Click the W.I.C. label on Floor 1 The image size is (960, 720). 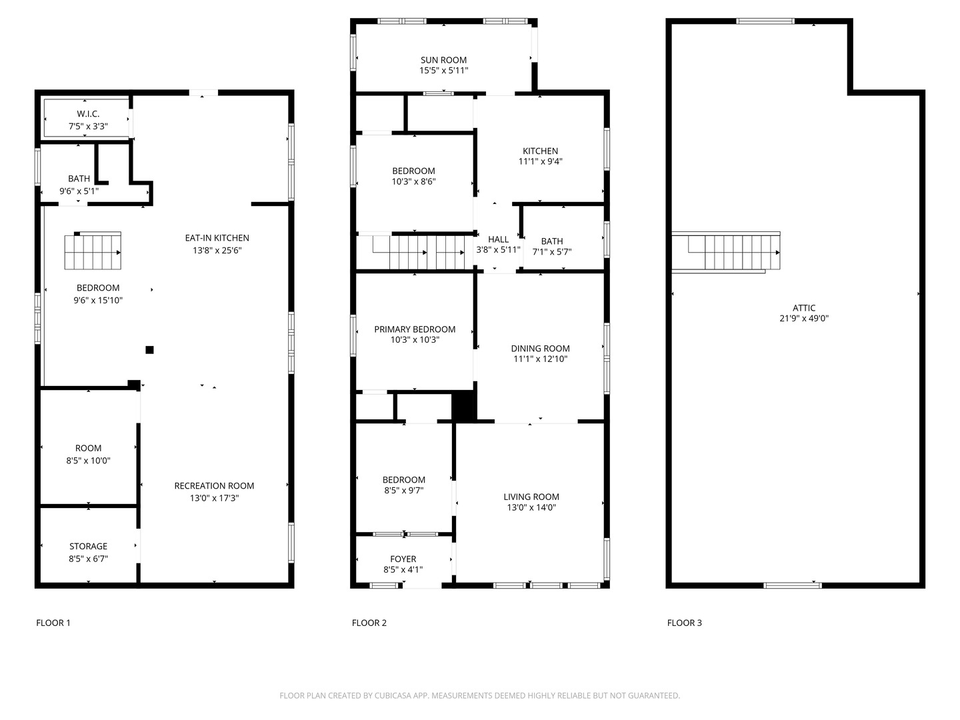pos(88,114)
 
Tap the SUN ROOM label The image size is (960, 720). pos(443,60)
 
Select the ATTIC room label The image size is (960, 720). pos(803,308)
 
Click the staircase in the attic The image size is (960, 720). pos(733,252)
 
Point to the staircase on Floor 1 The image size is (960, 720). pos(93,251)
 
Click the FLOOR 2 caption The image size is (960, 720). pos(369,623)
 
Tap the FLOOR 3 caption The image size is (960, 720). pos(684,623)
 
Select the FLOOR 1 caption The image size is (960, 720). pos(53,623)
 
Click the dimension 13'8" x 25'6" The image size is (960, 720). pos(217,251)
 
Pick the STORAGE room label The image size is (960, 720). pos(88,546)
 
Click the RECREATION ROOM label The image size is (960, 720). pos(214,486)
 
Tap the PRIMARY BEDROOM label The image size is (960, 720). pos(415,329)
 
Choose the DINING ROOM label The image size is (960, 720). pos(540,349)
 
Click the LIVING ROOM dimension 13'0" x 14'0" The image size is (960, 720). pos(531,507)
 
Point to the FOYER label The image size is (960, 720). pos(403,559)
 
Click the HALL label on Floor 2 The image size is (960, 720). pos(498,239)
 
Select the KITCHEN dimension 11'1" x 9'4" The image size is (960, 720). pos(540,161)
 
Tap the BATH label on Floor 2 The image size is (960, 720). pos(551,241)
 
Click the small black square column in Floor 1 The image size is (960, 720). pos(149,350)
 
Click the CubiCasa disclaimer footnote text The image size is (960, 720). pos(479,695)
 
